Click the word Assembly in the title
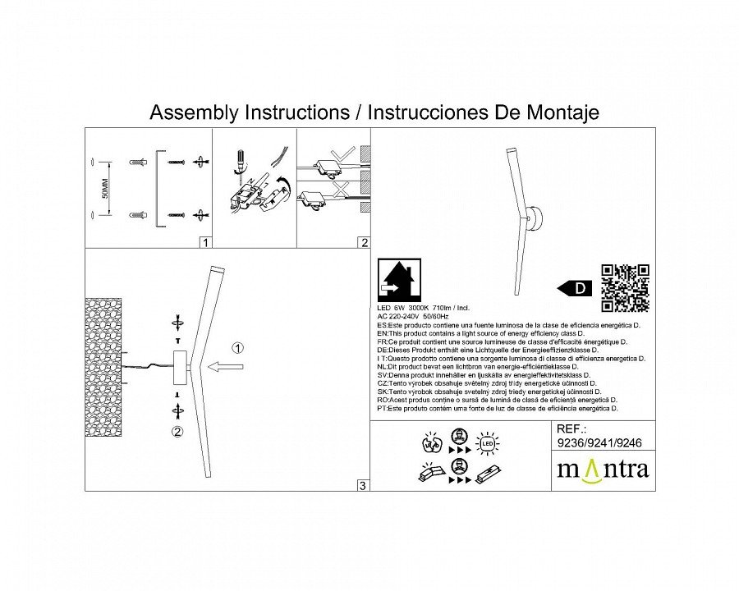pos(190,112)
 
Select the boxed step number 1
pos(205,242)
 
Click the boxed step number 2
pos(364,242)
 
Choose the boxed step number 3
pos(362,486)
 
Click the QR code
pos(626,287)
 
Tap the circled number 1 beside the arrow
pos(236,348)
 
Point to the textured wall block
pos(103,367)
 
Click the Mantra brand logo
pos(603,470)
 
